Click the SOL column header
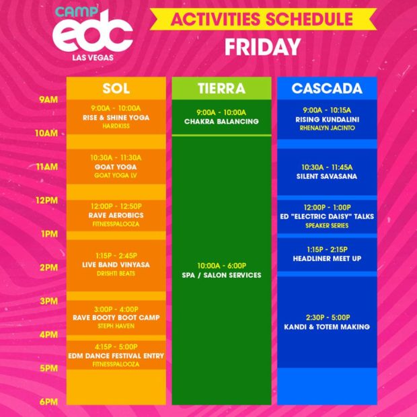point(116,88)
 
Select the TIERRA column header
point(221,88)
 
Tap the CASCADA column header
point(327,88)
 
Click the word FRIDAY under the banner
point(263,47)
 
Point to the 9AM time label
point(48,100)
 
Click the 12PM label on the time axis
point(47,200)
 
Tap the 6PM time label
point(48,402)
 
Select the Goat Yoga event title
point(116,167)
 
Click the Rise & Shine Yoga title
point(116,118)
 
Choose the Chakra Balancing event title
point(221,122)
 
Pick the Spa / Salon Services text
point(221,275)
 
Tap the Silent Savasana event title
point(327,176)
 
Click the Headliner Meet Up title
point(327,258)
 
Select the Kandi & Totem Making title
point(327,327)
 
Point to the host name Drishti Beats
point(116,273)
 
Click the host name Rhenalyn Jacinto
point(327,128)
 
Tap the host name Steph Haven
point(116,326)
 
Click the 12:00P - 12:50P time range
point(116,206)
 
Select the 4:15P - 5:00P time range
point(116,347)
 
